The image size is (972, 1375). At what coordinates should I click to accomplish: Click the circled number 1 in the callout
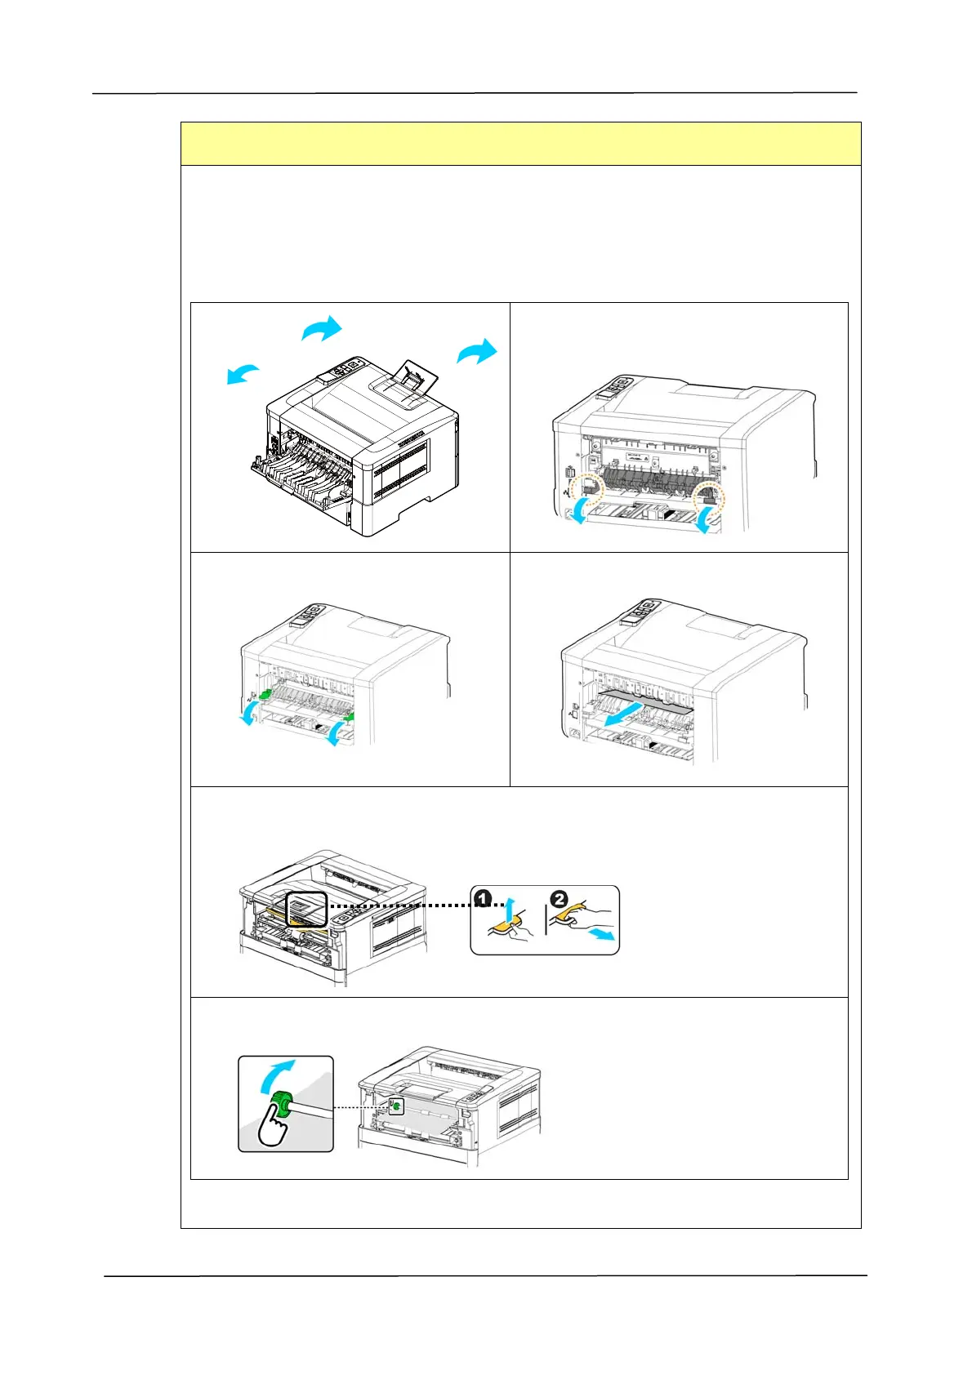click(483, 899)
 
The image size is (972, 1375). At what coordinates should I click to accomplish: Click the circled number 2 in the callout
click(559, 899)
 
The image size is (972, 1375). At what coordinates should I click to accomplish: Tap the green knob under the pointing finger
click(283, 1106)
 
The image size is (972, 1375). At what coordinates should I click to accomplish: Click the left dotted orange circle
click(586, 491)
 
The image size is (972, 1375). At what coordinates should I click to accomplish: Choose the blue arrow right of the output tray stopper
click(477, 352)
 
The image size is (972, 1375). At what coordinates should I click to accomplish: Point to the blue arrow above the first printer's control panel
click(322, 329)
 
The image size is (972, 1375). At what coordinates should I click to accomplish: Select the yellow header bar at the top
click(520, 144)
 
